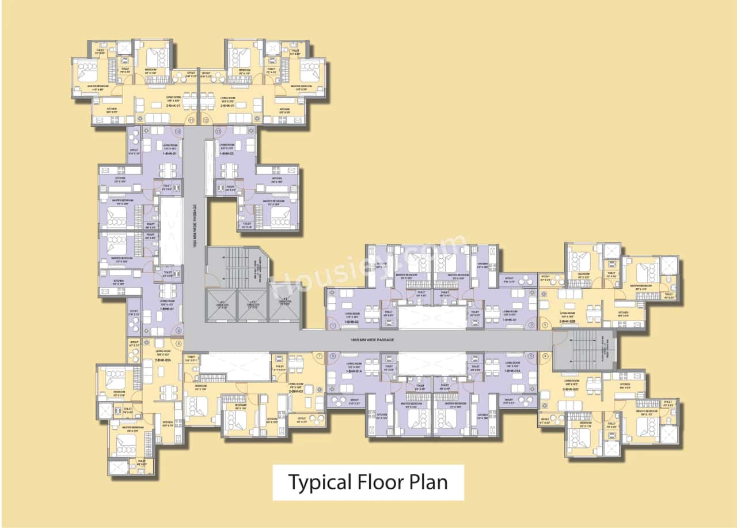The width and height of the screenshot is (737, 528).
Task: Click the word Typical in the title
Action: pos(315,481)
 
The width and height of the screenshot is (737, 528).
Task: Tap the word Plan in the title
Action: pos(428,481)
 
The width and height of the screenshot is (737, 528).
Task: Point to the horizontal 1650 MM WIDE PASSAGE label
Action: pos(372,340)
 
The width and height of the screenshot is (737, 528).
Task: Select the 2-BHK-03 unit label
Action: pos(296,391)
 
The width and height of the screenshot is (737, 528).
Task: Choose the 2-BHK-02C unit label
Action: pos(571,389)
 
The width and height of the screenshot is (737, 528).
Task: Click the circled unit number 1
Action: pos(333,326)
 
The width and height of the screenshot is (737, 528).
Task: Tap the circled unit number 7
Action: pos(319,356)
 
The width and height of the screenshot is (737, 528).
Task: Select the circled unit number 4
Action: pos(545,356)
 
